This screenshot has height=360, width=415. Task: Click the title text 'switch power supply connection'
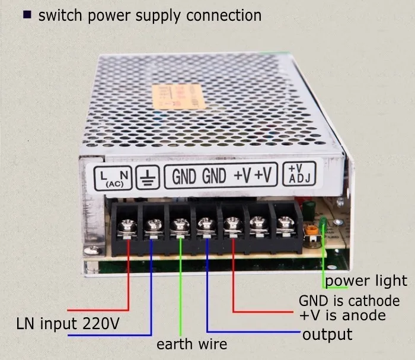(149, 15)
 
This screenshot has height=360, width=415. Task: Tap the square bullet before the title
(27, 14)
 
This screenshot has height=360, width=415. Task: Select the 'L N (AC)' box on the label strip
(113, 177)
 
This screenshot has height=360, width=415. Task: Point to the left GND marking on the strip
(185, 176)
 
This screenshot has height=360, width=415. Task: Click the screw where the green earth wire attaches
(178, 225)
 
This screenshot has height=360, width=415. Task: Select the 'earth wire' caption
(191, 344)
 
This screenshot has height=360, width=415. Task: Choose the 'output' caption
(327, 334)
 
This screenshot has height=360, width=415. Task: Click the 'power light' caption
(366, 281)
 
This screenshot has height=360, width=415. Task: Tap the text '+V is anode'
(342, 315)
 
